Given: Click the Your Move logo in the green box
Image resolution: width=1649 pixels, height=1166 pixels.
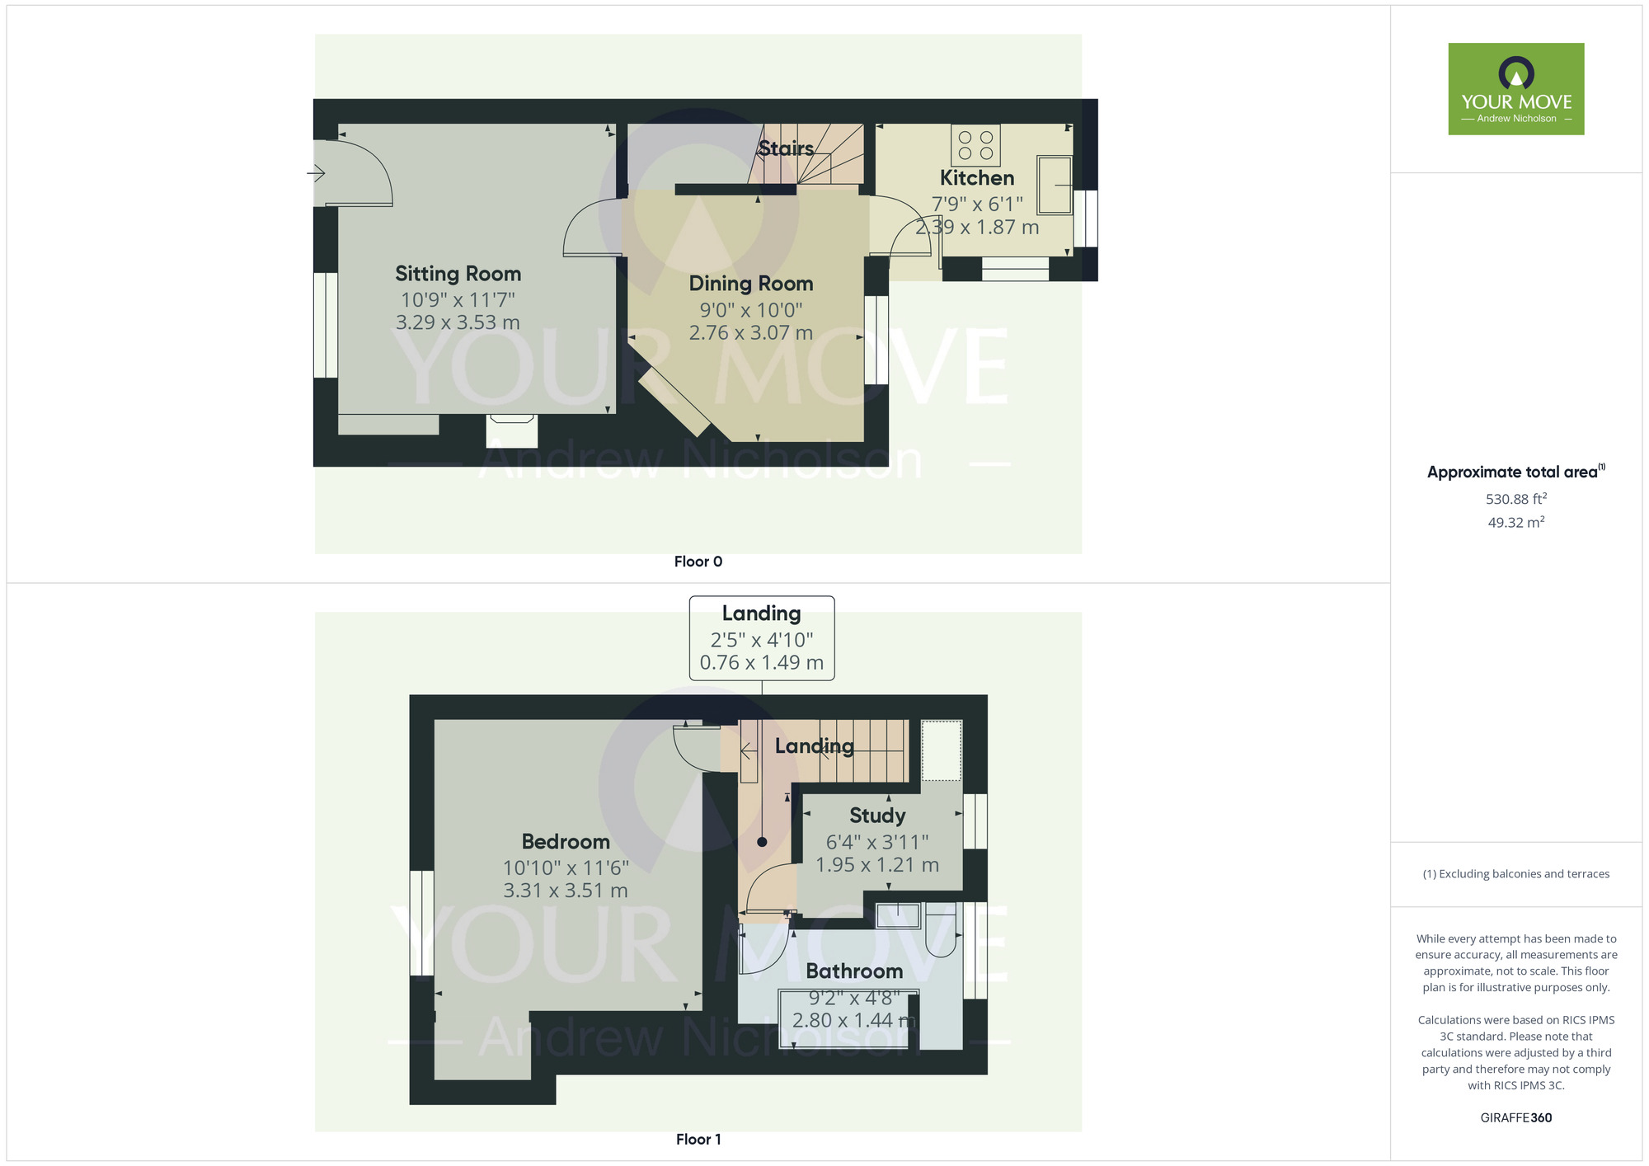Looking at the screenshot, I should pos(1515,88).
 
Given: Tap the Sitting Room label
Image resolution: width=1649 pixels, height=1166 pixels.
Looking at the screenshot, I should pos(458,274).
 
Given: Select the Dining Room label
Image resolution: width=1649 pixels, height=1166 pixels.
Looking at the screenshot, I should pos(751,284).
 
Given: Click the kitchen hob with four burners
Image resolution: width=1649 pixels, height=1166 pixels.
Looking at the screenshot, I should pos(975,146).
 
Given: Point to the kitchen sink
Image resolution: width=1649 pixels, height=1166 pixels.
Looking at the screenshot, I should pos(1055,186).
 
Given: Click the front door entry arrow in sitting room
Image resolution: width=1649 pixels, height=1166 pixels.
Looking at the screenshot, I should pos(316,173).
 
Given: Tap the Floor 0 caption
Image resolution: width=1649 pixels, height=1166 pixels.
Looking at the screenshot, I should pos(698,562).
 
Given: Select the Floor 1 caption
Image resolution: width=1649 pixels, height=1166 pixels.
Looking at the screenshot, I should pos(698,1140).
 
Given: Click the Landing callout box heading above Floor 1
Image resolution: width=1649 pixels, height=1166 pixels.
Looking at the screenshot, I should pos(761,614).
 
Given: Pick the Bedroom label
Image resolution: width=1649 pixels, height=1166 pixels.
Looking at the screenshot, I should pos(566,842).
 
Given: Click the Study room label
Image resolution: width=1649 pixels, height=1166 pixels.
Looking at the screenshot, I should pos(877,816).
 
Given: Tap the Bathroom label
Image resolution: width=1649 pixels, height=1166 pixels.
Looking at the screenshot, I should pos(854,971).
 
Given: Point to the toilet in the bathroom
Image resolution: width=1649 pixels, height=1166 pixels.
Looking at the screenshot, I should pos(940,930).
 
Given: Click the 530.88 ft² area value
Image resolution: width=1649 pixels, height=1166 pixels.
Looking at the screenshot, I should pos(1515,499).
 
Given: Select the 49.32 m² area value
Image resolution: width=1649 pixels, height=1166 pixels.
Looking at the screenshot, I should pos(1515,522).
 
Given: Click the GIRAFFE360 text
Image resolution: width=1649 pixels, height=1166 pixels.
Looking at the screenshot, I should pos(1515,1118).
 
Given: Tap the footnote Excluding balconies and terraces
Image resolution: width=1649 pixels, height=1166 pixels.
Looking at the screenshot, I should pos(1515,874).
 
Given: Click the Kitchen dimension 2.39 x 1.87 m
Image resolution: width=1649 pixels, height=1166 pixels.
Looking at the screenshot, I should pos(977,228).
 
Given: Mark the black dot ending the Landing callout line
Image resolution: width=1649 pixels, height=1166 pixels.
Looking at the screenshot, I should pos(762,842).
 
